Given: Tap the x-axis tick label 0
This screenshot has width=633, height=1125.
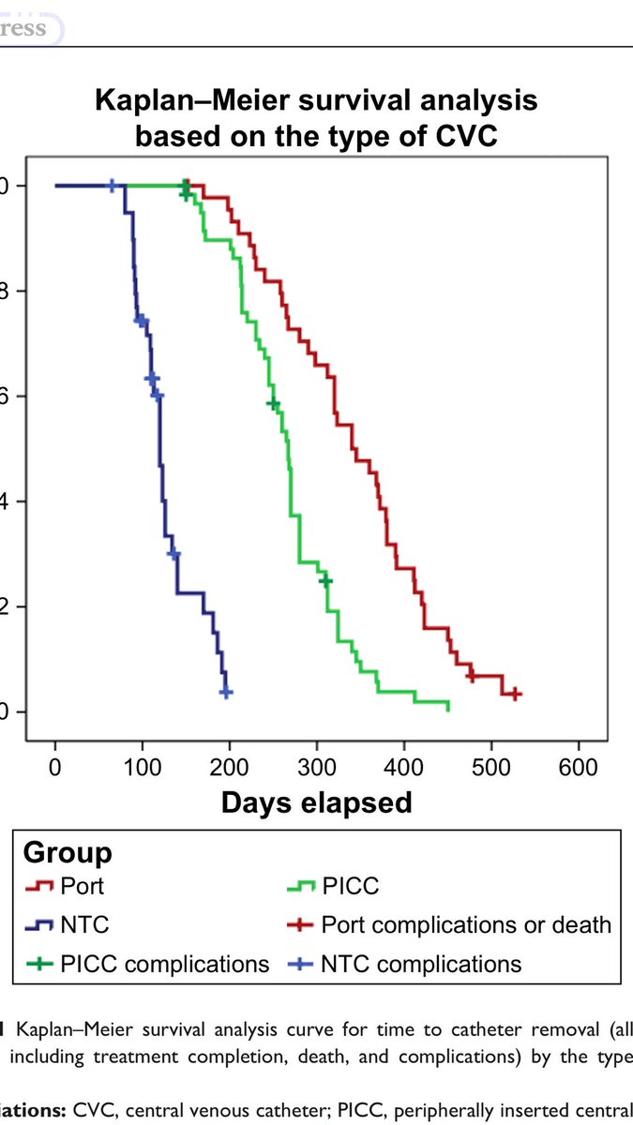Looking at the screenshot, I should tap(56, 768).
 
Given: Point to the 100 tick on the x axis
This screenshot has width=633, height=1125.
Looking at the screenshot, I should tap(143, 768).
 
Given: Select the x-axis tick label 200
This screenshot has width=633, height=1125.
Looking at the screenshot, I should tap(230, 768).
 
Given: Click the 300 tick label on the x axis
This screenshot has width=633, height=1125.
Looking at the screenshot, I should tap(317, 768).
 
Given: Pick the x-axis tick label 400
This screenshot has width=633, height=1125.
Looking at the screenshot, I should tap(404, 768).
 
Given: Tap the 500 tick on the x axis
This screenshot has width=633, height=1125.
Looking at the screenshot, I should tap(490, 768).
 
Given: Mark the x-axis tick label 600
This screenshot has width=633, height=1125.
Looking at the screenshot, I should tap(578, 768).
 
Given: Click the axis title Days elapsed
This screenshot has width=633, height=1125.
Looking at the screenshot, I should tap(317, 802).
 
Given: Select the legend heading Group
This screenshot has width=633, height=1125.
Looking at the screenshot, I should tap(68, 852).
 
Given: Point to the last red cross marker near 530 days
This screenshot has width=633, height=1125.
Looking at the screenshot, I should tap(514, 694).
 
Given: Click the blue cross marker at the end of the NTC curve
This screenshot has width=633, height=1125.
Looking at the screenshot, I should tap(225, 692).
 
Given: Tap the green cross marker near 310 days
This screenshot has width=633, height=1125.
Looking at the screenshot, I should tap(325, 581).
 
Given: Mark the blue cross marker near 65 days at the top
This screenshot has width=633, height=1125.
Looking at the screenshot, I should tap(113, 186).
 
